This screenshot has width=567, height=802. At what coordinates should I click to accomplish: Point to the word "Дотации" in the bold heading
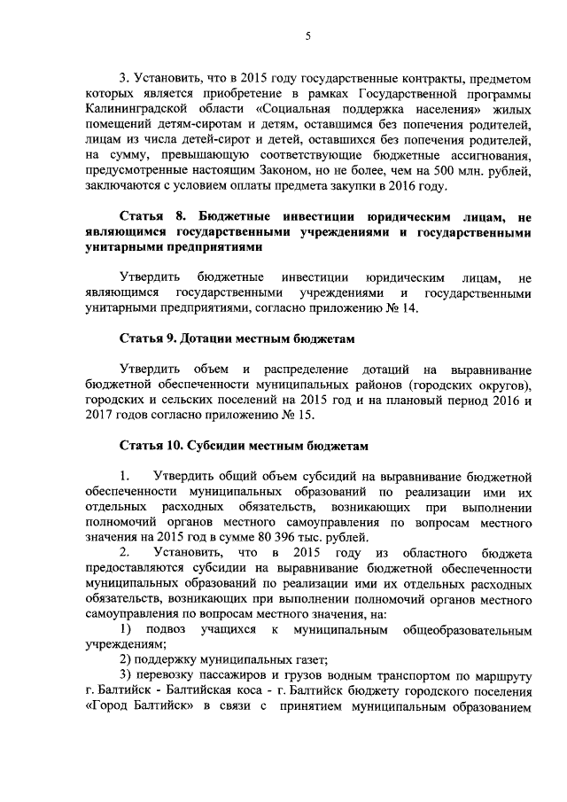click(211, 339)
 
